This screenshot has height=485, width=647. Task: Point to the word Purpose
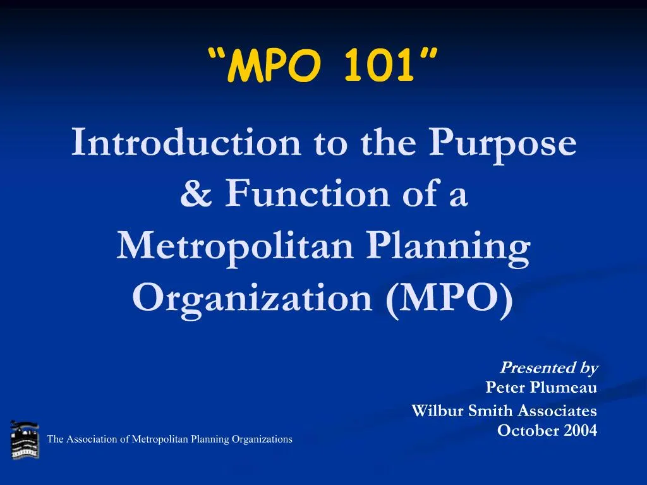click(503, 144)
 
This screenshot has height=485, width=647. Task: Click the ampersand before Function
click(197, 195)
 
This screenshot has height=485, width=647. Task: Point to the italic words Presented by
click(549, 368)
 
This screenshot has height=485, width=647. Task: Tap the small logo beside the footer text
click(25, 440)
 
